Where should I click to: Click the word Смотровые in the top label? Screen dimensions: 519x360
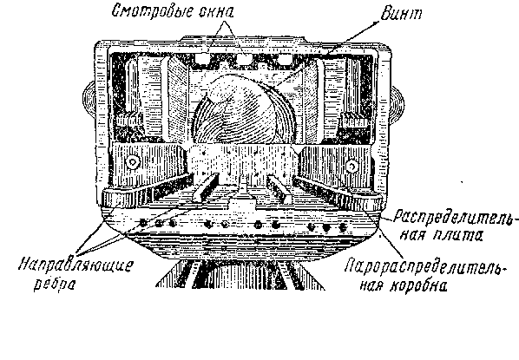click(x=152, y=12)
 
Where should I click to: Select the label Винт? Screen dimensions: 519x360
click(x=401, y=14)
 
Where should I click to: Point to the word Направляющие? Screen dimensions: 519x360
click(x=76, y=265)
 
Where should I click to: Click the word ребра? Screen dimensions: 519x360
click(x=55, y=284)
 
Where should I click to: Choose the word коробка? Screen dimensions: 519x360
click(x=418, y=285)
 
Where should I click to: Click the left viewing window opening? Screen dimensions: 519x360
click(x=202, y=58)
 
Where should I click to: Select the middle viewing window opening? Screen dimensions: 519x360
click(x=244, y=59)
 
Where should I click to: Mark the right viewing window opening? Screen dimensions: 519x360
click(x=284, y=59)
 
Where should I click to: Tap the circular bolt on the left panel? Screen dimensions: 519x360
click(x=133, y=162)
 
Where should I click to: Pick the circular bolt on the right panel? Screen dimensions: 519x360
click(x=351, y=166)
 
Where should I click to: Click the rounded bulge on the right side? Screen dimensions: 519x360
click(x=397, y=103)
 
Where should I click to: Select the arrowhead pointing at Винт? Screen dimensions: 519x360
click(x=376, y=23)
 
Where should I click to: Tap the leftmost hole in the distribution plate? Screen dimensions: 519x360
click(x=142, y=223)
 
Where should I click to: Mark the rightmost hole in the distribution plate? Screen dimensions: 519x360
click(x=343, y=227)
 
